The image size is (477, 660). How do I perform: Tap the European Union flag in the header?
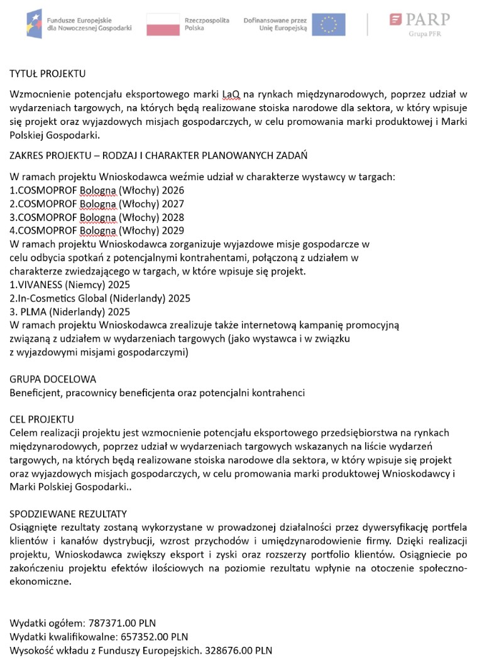coord(328,24)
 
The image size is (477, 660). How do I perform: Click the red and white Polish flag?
coord(163,24)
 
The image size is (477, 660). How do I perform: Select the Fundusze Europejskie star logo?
coord(35,24)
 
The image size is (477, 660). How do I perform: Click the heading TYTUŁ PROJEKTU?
coord(47,74)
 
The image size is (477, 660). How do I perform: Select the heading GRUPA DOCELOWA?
coord(53,379)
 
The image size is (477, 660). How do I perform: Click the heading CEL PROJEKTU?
coord(41,419)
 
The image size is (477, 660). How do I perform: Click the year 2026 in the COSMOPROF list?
coord(172,190)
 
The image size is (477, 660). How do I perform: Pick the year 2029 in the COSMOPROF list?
coord(172,230)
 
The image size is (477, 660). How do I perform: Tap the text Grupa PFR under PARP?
coord(425,34)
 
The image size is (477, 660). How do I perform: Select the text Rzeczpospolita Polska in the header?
coord(207,24)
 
